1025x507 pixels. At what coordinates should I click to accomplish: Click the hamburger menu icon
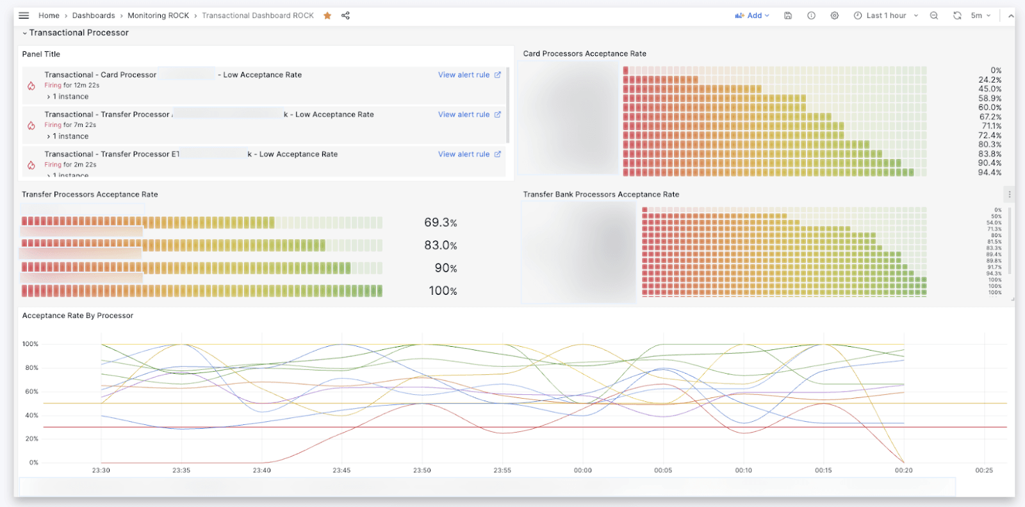(x=24, y=15)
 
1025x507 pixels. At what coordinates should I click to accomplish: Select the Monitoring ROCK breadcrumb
(x=158, y=15)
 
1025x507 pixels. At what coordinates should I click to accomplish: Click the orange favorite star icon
(x=327, y=15)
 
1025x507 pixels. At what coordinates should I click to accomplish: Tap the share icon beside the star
(x=345, y=15)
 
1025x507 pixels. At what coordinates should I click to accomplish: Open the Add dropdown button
(x=752, y=15)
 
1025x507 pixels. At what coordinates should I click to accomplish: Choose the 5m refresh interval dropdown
(x=980, y=15)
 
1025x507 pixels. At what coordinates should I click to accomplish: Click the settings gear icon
(x=834, y=15)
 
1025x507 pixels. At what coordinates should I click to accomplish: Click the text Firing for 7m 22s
(x=70, y=125)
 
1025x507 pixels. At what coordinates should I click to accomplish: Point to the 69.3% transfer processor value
(x=440, y=223)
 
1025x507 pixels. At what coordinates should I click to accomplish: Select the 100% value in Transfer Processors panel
(x=443, y=291)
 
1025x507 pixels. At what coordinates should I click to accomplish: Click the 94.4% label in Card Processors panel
(x=989, y=172)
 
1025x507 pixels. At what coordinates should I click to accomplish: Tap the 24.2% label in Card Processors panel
(x=989, y=80)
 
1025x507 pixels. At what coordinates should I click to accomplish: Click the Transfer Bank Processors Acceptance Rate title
(x=601, y=194)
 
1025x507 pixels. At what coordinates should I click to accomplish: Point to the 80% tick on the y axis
(x=31, y=368)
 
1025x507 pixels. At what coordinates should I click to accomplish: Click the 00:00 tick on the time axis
(x=582, y=470)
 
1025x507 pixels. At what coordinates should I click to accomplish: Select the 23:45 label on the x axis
(x=341, y=470)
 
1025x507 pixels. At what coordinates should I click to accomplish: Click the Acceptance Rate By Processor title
(x=78, y=315)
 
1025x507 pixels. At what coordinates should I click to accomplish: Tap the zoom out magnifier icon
(x=934, y=15)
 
